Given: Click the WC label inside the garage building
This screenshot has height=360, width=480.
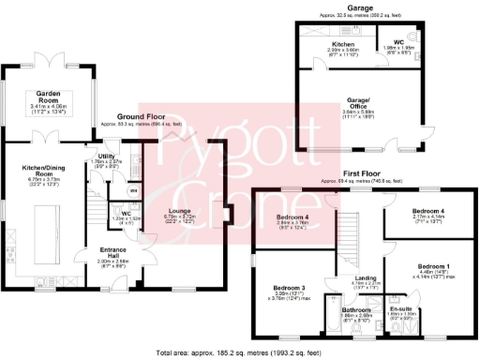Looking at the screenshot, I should tap(399, 45).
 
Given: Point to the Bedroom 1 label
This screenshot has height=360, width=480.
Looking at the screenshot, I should tap(434, 266).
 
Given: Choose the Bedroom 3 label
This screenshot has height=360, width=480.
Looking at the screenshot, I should tap(290, 287).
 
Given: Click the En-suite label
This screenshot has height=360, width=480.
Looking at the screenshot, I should tap(401, 307).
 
